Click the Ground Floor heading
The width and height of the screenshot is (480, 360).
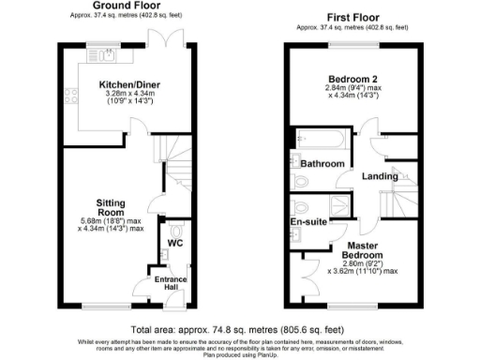coord(125,7)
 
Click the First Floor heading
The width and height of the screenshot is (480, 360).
coord(352,18)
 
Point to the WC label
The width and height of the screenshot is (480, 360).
coord(174,244)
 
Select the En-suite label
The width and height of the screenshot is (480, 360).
coord(307,222)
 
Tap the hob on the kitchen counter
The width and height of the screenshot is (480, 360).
coord(67,95)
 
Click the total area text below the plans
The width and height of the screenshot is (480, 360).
coord(240,331)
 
